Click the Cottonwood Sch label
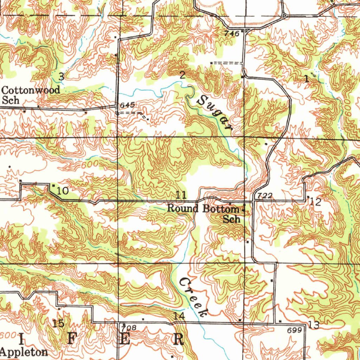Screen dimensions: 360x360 [x=31, y=95]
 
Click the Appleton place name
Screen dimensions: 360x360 [x=24, y=352]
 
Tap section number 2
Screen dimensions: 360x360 [x=182, y=75]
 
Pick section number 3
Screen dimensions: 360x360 [x=61, y=76]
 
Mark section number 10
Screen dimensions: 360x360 [x=63, y=191]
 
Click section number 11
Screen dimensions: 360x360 [x=181, y=195]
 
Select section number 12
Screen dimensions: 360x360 [x=316, y=202]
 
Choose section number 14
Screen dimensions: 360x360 [x=179, y=316]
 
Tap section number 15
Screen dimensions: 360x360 [x=58, y=323]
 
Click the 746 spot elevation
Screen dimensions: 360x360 [x=232, y=33]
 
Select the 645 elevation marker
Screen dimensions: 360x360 [x=126, y=105]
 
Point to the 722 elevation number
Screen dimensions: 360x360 [x=265, y=196]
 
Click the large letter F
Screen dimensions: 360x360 [x=72, y=340]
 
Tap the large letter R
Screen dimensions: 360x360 [x=179, y=340]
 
